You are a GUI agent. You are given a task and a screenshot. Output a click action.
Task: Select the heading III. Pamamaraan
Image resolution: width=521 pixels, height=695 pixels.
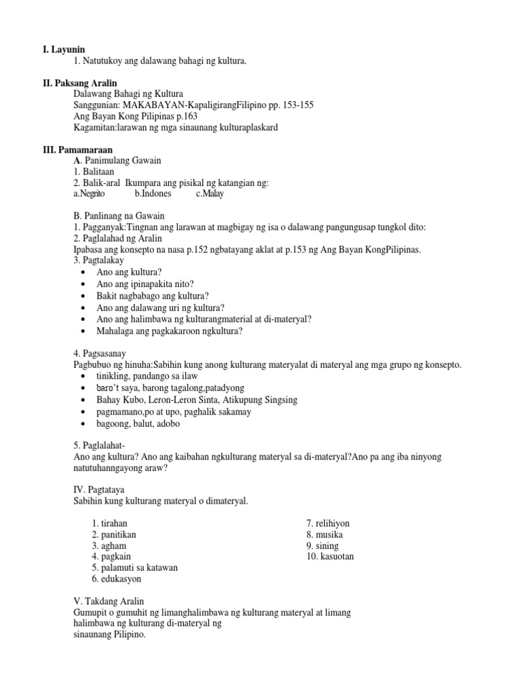74,149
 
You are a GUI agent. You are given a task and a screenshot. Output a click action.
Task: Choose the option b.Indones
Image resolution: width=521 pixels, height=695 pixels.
153,193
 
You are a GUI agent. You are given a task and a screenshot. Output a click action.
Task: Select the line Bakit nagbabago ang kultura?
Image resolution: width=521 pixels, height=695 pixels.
153,296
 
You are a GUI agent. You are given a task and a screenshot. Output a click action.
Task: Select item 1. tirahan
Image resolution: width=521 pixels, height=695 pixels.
109,523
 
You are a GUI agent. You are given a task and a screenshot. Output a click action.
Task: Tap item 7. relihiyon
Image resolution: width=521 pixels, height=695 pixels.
328,523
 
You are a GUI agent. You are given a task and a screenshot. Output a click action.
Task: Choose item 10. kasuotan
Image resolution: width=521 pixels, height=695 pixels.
330,557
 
